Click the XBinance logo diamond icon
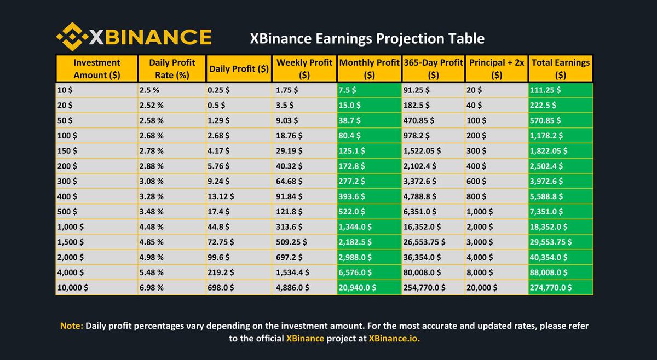pos(71,37)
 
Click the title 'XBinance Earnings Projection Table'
pos(367,38)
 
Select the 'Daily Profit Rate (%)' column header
pos(172,68)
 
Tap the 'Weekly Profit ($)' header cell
pos(304,68)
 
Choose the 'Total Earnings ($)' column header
pos(561,68)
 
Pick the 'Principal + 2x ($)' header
pos(497,68)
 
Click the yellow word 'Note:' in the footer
pos(72,326)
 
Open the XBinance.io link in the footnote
pos(395,339)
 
